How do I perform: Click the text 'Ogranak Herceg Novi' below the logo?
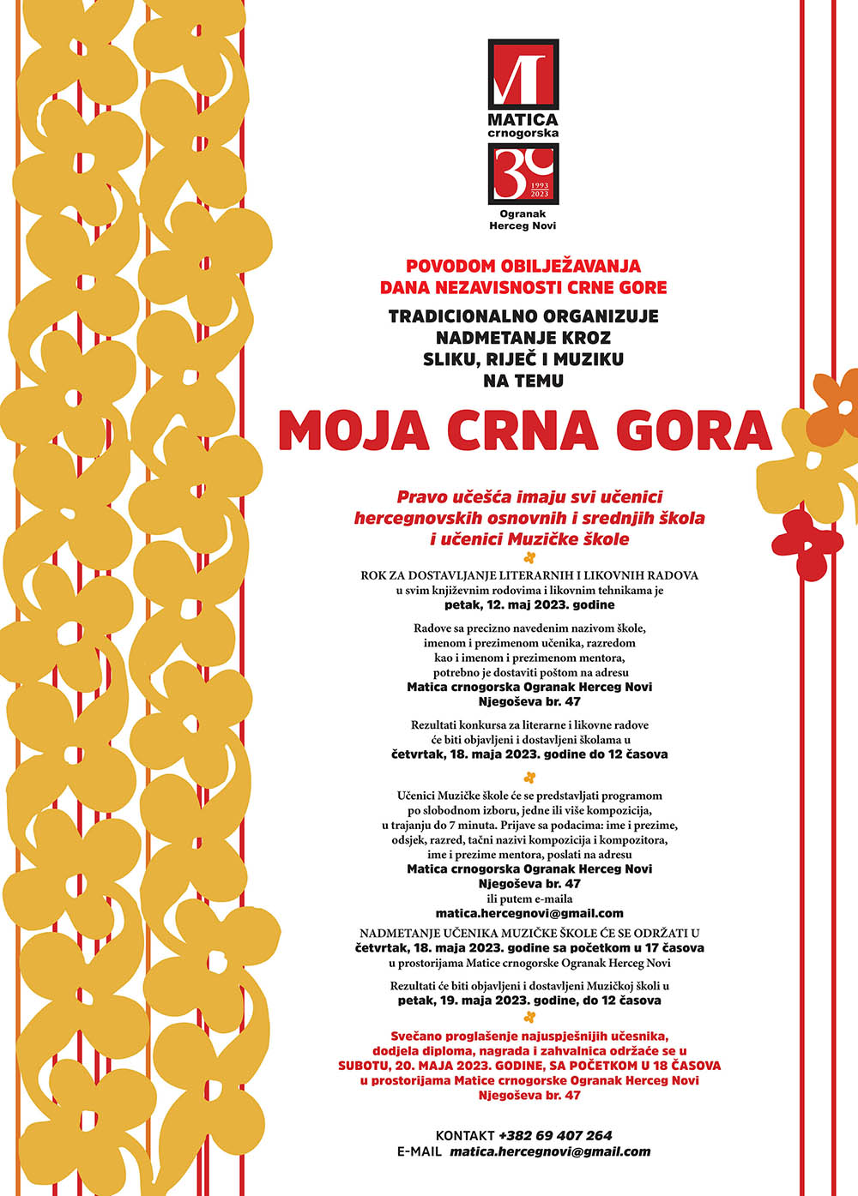[x=523, y=220]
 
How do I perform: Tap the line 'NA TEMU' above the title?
[x=523, y=381]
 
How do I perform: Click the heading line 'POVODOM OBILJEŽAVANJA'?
[x=523, y=267]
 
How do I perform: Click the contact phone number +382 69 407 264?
[x=555, y=1135]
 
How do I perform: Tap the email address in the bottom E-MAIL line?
[x=550, y=1152]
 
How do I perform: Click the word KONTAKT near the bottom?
[x=465, y=1135]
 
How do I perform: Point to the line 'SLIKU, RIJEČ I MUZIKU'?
[x=523, y=359]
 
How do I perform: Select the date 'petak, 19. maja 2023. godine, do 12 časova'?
[x=529, y=1001]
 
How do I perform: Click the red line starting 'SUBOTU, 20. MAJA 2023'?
[x=529, y=1066]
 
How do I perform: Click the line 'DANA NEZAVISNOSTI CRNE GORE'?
[x=523, y=288]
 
